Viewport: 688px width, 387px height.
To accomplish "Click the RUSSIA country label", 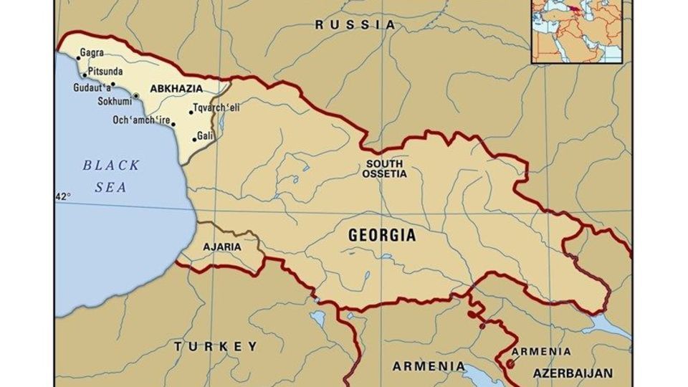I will [x=355, y=24].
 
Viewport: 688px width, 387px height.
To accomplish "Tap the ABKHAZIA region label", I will [x=176, y=88].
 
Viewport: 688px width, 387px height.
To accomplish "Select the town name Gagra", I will [x=92, y=53].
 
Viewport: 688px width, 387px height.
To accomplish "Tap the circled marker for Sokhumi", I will [x=136, y=95].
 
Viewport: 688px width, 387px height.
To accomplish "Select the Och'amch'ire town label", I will [x=141, y=120].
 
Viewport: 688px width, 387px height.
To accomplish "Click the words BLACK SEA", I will [x=111, y=176].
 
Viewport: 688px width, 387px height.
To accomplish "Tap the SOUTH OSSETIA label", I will [x=384, y=168].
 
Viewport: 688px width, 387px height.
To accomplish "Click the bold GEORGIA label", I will [x=381, y=235].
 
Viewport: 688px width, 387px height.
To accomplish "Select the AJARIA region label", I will [x=222, y=247].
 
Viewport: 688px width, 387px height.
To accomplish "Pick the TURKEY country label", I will [x=216, y=346].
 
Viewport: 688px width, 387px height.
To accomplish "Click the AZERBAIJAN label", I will [x=572, y=373].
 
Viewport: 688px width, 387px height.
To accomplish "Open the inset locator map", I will [x=577, y=30].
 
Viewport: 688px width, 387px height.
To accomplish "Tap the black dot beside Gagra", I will [x=78, y=59].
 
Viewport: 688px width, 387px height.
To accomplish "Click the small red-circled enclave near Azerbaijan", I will [x=510, y=364].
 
